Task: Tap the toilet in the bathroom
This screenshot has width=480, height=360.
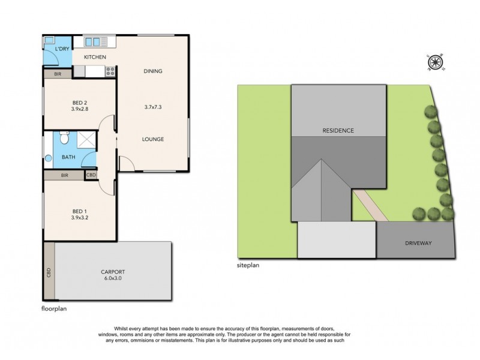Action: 64,138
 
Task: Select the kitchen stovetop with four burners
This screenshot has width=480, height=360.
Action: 110,71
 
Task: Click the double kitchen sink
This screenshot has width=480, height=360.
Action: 92,42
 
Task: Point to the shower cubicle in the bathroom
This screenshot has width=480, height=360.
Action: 86,140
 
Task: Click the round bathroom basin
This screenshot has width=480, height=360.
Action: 49,158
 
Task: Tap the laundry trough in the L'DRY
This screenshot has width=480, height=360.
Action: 49,40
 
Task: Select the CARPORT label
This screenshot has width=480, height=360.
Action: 113,272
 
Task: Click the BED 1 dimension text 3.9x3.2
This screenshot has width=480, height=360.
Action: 80,218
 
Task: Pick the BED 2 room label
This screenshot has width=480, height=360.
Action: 80,103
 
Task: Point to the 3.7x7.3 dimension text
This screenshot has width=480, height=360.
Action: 153,107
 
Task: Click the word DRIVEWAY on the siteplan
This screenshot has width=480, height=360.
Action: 418,243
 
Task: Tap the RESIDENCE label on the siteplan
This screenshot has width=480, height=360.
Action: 338,130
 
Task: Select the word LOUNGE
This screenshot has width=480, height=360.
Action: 153,139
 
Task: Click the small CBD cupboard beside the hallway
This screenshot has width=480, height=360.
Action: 91,175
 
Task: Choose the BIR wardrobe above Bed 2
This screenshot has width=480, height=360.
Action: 58,74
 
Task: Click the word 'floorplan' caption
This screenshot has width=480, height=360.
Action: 54,308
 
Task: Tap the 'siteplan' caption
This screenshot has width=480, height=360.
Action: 248,265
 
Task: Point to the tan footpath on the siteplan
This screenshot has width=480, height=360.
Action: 370,205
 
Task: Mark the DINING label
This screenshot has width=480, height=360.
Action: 153,71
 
